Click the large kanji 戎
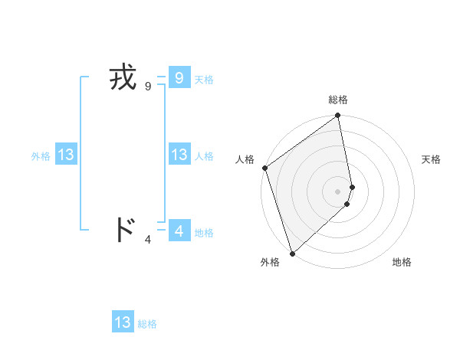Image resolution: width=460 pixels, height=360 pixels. tap(123, 78)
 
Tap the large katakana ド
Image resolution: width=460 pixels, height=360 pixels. tap(123, 230)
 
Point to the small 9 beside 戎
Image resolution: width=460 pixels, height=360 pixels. tap(148, 87)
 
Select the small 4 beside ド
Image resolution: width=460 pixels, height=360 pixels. tap(148, 240)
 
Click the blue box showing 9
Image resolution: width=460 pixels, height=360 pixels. tap(179, 78)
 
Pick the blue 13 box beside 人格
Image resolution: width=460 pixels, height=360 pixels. tap(179, 155)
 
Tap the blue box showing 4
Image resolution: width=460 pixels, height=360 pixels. tap(179, 230)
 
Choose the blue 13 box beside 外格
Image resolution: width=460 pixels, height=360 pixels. tap(65, 155)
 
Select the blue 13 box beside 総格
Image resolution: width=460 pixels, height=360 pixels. tap(123, 322)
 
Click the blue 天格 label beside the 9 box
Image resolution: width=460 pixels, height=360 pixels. tap(204, 80)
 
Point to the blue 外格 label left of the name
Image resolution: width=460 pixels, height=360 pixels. tap(41, 156)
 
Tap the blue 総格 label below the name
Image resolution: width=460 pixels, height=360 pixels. tap(147, 324)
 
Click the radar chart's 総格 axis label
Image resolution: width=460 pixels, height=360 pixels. tap(338, 100)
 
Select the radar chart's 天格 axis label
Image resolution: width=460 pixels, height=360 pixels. tap(431, 159)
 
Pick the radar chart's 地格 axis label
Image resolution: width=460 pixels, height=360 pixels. tap(402, 262)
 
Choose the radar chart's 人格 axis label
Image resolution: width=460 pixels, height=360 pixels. tap(245, 159)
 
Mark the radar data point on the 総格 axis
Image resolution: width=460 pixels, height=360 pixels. tap(338, 116)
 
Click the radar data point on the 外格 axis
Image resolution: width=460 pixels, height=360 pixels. tap(292, 254)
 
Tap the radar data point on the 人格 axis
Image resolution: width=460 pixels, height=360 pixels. tap(264, 168)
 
